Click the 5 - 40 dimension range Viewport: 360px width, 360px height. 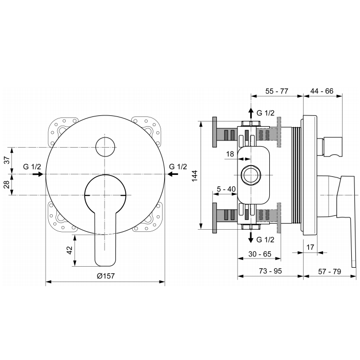tap(226, 189)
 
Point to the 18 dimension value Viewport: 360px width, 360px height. tap(230, 154)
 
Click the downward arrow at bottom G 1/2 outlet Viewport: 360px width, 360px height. tap(250, 237)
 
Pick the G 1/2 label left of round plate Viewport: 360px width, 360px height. tap(32, 166)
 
